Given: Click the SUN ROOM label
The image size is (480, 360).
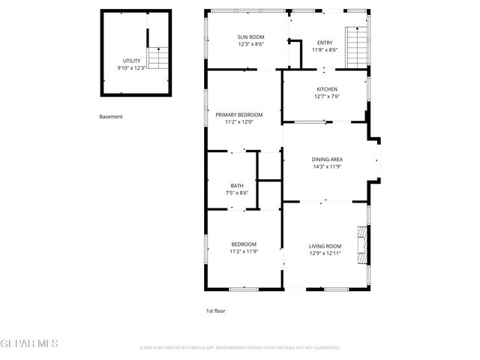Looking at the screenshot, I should click(x=251, y=37).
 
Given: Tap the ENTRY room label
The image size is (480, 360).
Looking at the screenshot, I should click(x=325, y=43).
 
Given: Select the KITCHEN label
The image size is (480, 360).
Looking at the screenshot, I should click(x=326, y=89).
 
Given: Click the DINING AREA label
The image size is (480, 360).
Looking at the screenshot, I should click(x=327, y=159).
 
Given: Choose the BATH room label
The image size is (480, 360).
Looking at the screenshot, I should click(x=237, y=185).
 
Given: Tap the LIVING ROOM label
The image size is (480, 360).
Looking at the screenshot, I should click(x=325, y=246).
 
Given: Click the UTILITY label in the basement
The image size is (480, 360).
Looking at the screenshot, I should click(x=131, y=61).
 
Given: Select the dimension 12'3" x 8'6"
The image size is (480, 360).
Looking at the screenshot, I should click(x=251, y=43).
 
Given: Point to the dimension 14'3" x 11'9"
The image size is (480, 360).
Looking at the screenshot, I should click(x=327, y=166).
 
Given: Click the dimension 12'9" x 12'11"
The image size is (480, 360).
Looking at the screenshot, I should click(x=325, y=253).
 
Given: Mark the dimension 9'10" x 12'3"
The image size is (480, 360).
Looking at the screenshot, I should click(x=131, y=67).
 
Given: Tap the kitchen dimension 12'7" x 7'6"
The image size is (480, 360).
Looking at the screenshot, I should click(x=326, y=96).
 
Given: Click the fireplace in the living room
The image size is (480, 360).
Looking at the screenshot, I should click(x=363, y=245).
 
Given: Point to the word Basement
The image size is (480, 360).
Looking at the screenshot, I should click(x=111, y=117).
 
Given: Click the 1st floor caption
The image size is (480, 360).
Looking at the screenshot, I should click(x=216, y=310).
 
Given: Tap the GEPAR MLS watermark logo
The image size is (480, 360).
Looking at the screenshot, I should click(x=29, y=343).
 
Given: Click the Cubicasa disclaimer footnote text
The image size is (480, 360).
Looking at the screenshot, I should click(x=240, y=348).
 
